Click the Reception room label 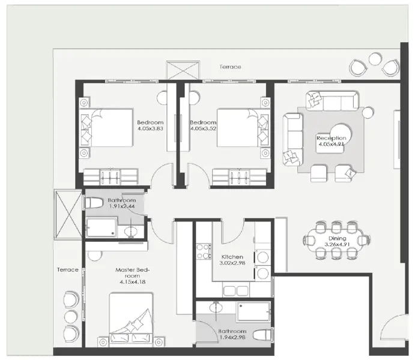pos(332,137)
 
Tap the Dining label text pos(336,238)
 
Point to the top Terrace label pos(229,67)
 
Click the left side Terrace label pos(68,269)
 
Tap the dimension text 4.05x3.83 pos(151,128)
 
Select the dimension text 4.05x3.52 pos(202,128)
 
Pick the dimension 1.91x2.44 pos(123,206)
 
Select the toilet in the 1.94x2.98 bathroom pos(261,335)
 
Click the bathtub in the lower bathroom pos(252,312)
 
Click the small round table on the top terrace pos(375,59)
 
